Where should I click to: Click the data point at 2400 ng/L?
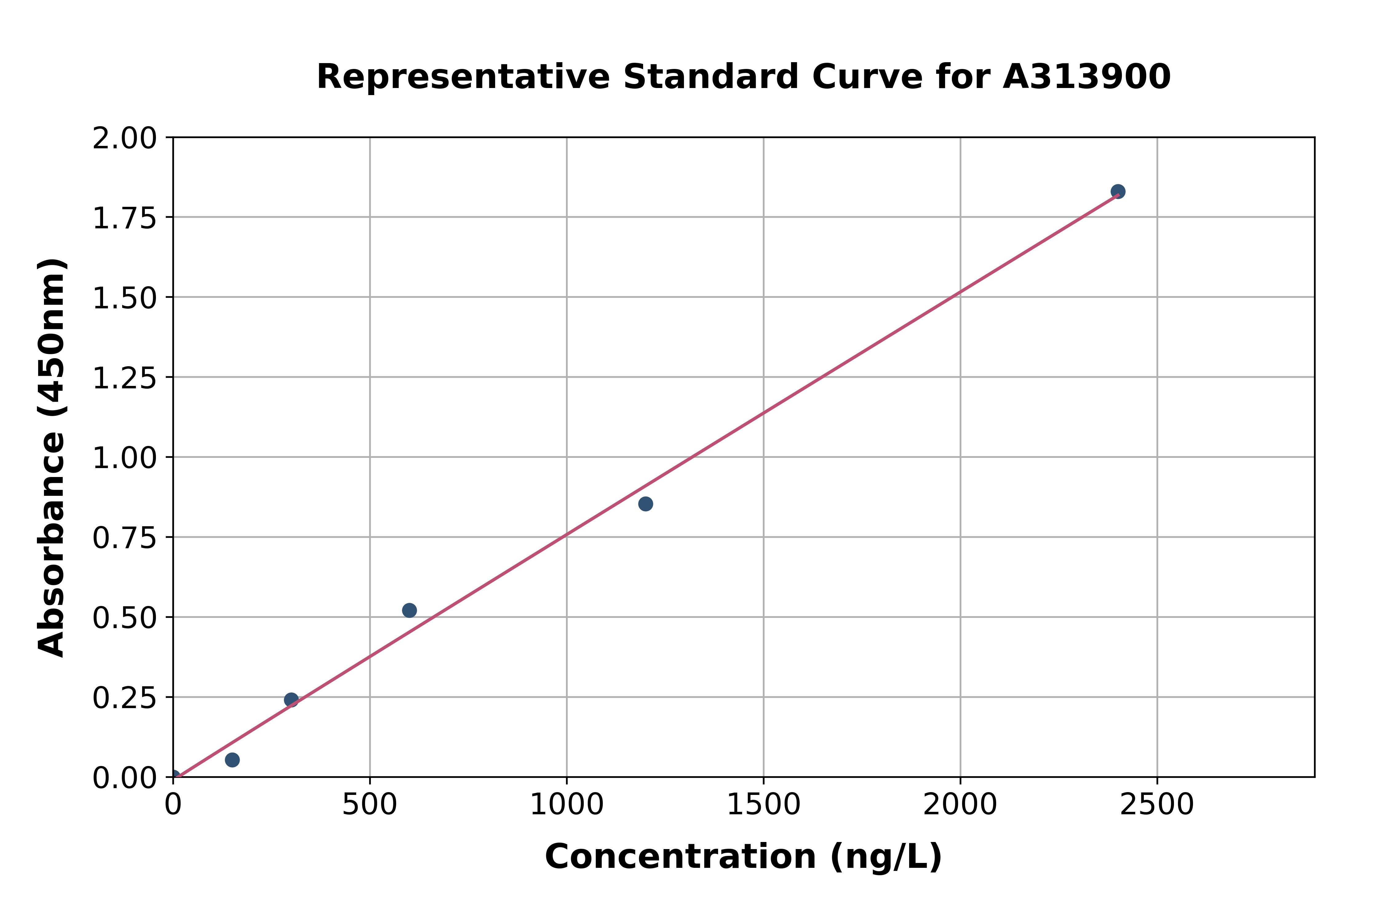(x=1117, y=191)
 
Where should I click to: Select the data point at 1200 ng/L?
(x=645, y=504)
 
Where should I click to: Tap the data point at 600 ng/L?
(x=409, y=610)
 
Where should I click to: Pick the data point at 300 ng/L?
(x=291, y=700)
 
